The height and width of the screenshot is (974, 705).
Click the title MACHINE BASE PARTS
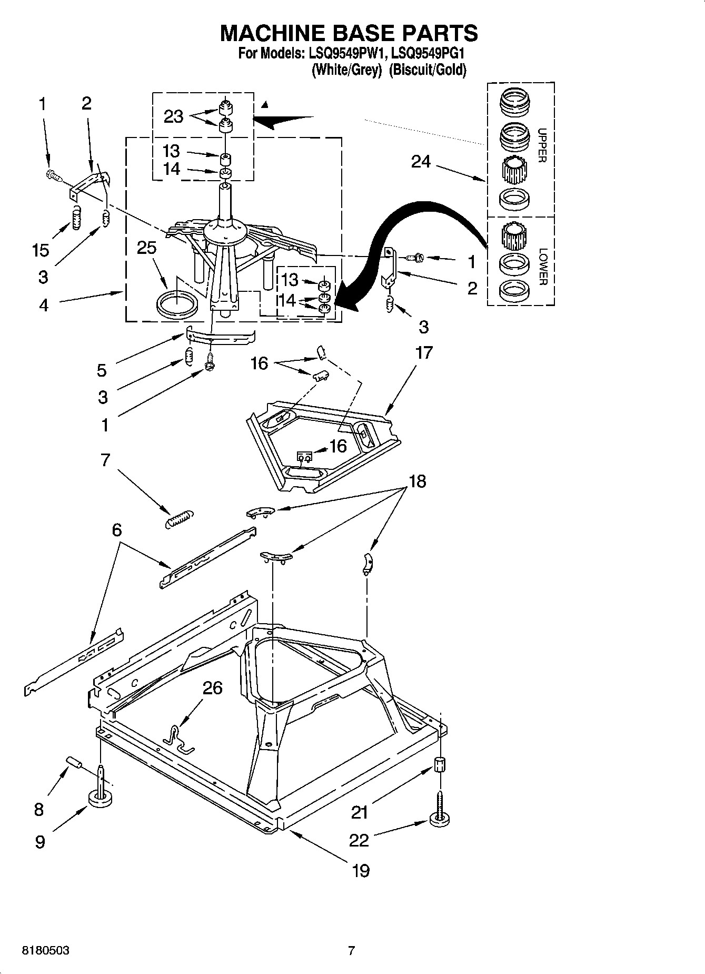pyautogui.click(x=349, y=33)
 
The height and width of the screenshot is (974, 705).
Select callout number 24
pyautogui.click(x=421, y=162)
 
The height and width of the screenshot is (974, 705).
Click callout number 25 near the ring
pyautogui.click(x=146, y=248)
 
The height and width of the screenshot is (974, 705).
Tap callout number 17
pyautogui.click(x=424, y=352)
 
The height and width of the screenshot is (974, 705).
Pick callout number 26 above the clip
pyautogui.click(x=212, y=688)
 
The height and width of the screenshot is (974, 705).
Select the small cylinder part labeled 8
pyautogui.click(x=75, y=763)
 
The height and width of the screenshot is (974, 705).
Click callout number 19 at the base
pyautogui.click(x=360, y=871)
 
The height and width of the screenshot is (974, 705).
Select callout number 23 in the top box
pyautogui.click(x=173, y=116)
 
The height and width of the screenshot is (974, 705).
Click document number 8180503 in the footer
pyautogui.click(x=46, y=951)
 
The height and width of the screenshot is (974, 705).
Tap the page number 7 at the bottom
pyautogui.click(x=352, y=951)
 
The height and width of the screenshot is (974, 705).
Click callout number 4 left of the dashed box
pyautogui.click(x=43, y=304)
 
